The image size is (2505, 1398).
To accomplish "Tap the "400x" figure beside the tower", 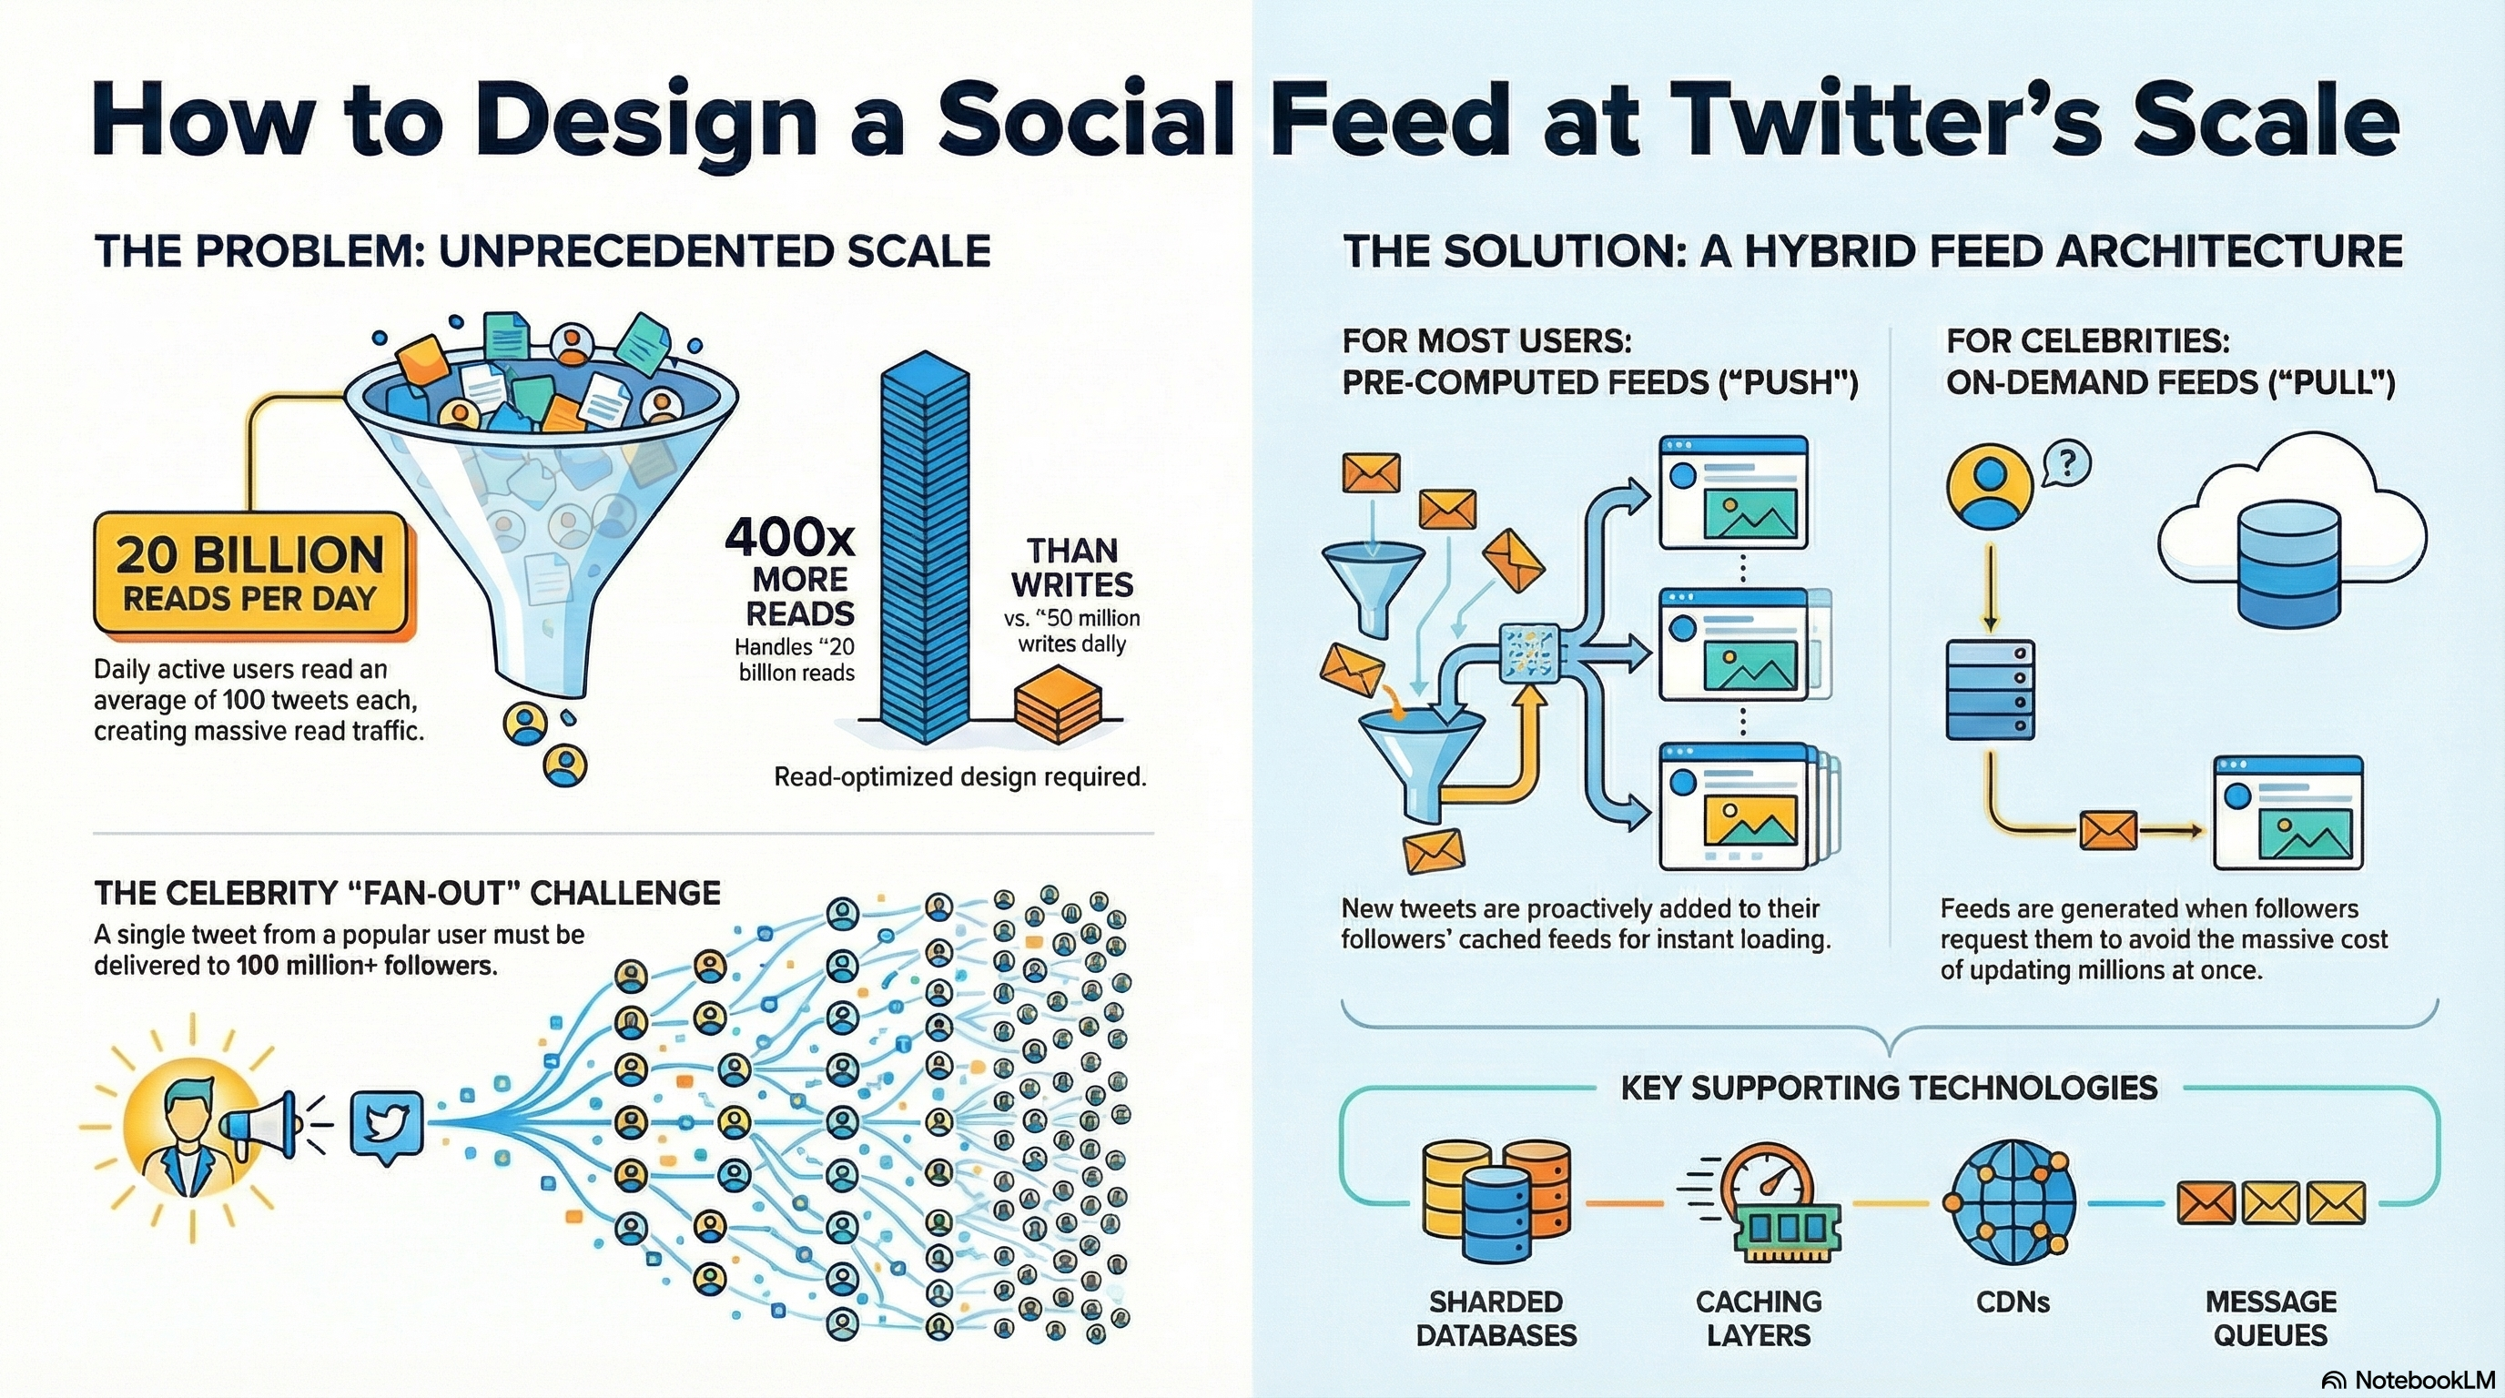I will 789,536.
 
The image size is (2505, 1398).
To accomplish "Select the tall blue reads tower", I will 924,544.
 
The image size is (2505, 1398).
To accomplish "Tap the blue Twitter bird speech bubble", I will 386,1126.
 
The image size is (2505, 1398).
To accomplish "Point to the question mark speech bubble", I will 2067,464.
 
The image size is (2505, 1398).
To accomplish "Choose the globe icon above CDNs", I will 2010,1200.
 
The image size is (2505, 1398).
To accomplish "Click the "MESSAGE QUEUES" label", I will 2269,1318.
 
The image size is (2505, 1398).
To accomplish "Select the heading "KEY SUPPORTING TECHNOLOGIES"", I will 1889,1088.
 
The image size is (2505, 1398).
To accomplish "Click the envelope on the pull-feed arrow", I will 2108,830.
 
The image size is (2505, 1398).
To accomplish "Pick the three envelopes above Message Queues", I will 2269,1202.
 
